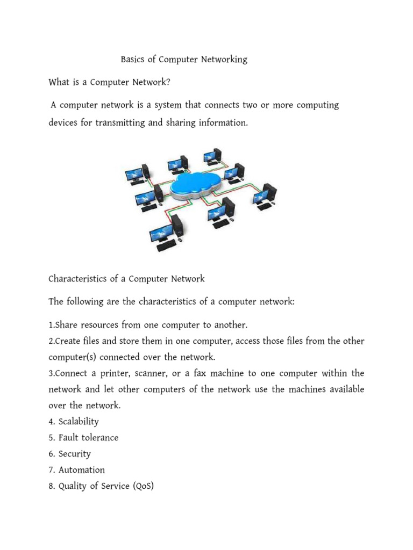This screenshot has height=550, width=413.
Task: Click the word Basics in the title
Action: [x=134, y=60]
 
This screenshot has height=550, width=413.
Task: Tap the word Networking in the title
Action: [x=224, y=60]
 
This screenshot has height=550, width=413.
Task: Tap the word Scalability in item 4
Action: [x=79, y=422]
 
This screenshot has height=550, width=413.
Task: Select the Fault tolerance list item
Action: [x=88, y=438]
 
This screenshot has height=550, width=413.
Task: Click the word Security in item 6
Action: [x=75, y=454]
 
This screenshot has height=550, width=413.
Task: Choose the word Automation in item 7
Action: [x=82, y=470]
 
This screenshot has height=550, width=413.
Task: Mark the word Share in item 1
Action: [x=67, y=325]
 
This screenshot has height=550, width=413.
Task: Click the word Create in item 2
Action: [x=68, y=341]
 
